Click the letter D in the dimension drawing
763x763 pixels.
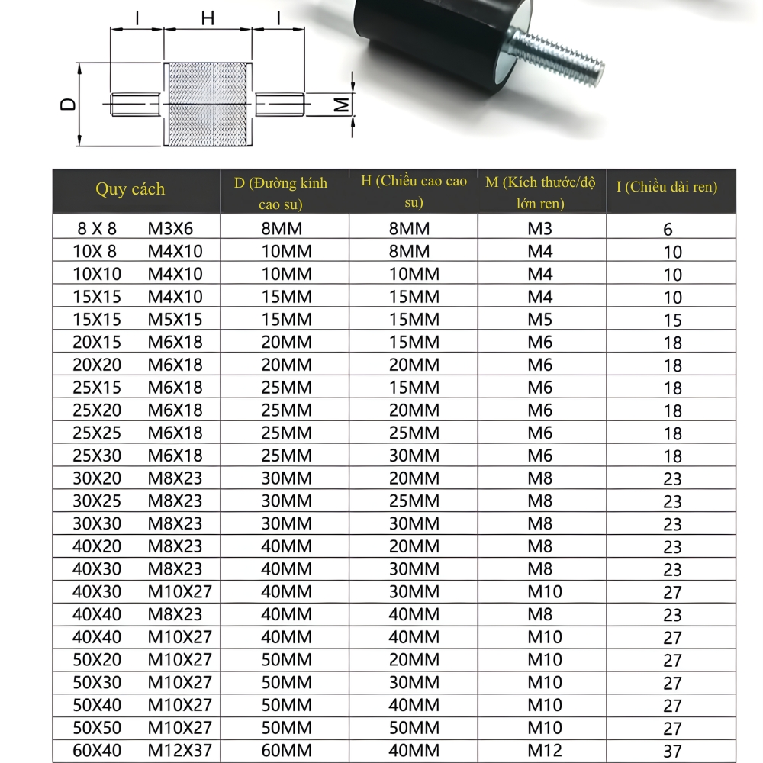click(69, 105)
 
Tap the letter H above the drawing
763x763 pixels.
click(208, 18)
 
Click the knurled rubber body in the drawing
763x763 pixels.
click(208, 105)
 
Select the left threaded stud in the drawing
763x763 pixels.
click(136, 105)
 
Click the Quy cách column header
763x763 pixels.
click(130, 190)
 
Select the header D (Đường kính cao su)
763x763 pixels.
click(281, 193)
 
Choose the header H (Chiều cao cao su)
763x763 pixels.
click(414, 192)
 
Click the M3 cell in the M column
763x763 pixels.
click(540, 228)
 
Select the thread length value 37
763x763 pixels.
click(672, 752)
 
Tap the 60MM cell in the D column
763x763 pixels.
click(287, 751)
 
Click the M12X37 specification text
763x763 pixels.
click(180, 751)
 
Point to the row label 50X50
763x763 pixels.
click(97, 728)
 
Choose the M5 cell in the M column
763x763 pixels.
click(540, 319)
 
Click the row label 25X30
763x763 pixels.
click(97, 456)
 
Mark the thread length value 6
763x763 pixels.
click(668, 229)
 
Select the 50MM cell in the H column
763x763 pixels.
click(414, 728)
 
